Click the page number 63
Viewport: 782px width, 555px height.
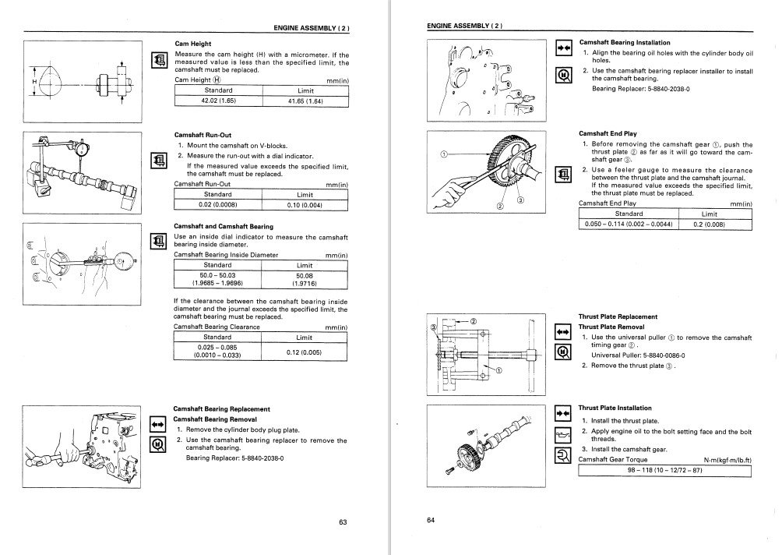tap(343, 521)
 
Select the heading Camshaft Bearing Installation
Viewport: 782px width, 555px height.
tap(625, 42)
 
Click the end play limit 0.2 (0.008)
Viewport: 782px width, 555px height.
tap(709, 224)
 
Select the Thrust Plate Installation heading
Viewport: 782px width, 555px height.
tap(615, 408)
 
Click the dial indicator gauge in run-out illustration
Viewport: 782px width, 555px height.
tap(82, 149)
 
